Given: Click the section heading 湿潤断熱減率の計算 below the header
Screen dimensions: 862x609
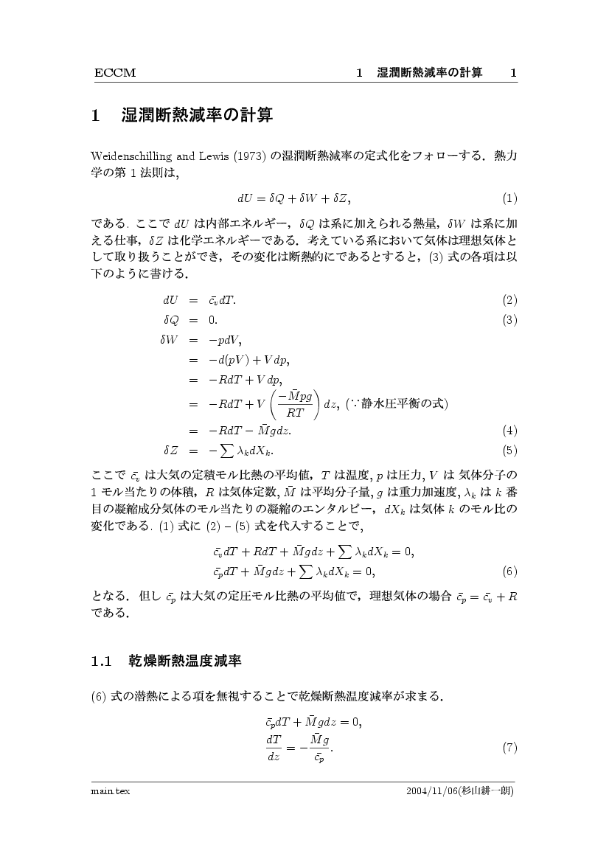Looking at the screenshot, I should (x=197, y=116).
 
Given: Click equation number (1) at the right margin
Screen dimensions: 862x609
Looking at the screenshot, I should (x=509, y=198).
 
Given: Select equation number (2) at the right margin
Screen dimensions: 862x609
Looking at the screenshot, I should (x=509, y=300).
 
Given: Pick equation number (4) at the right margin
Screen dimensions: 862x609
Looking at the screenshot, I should (x=509, y=431).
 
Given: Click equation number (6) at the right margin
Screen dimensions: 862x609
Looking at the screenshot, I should (x=509, y=571).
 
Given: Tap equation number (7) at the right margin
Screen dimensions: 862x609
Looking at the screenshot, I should (x=509, y=748).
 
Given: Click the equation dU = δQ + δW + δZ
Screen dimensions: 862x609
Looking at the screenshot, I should (x=294, y=198).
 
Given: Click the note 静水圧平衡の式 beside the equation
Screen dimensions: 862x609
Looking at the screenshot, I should (x=408, y=403).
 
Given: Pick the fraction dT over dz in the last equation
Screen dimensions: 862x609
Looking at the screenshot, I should (x=274, y=748).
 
